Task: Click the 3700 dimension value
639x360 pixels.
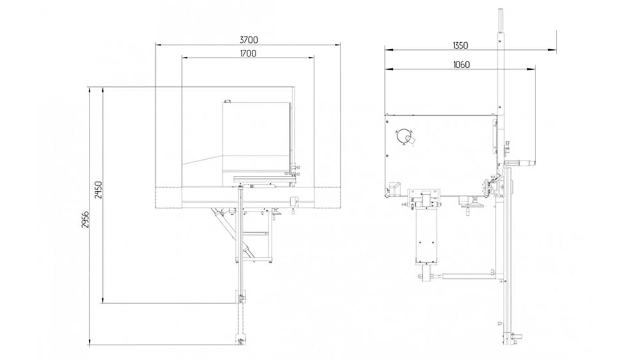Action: (249, 40)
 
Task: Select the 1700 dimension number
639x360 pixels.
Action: (249, 54)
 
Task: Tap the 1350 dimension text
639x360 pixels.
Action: (460, 45)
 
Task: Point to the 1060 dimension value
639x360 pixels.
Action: (460, 64)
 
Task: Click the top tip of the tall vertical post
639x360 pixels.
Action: (500, 10)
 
